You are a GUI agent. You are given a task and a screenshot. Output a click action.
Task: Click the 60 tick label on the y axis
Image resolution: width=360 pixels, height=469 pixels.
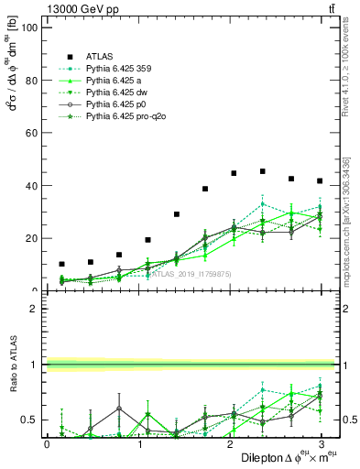(x=31, y=133)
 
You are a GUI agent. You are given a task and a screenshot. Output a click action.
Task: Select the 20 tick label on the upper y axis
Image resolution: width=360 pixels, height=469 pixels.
(x=31, y=238)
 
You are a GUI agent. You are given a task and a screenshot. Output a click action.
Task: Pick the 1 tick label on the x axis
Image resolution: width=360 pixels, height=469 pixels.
(x=138, y=444)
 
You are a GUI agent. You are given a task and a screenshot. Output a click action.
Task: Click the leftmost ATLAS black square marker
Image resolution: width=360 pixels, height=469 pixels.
(x=61, y=264)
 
